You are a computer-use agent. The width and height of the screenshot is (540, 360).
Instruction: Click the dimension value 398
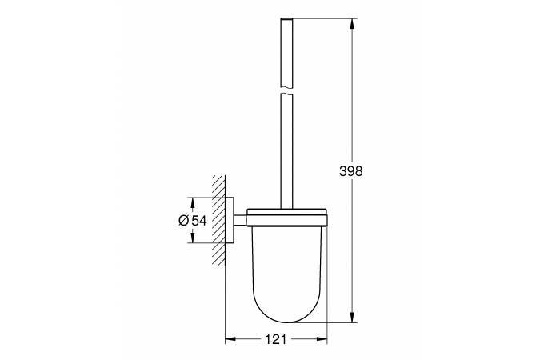click(x=351, y=171)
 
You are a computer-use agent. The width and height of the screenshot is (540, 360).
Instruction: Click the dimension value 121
click(x=276, y=339)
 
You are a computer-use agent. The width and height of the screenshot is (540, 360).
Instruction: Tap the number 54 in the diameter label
click(x=199, y=220)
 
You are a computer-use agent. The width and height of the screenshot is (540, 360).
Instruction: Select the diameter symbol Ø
click(x=184, y=220)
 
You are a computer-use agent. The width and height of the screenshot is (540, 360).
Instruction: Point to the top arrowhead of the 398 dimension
click(x=352, y=23)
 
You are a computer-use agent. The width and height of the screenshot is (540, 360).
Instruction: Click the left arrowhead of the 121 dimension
click(x=230, y=339)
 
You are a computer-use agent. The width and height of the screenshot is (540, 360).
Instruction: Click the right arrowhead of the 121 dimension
click(x=322, y=339)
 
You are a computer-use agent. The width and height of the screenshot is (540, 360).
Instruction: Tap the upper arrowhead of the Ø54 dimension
click(x=193, y=203)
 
